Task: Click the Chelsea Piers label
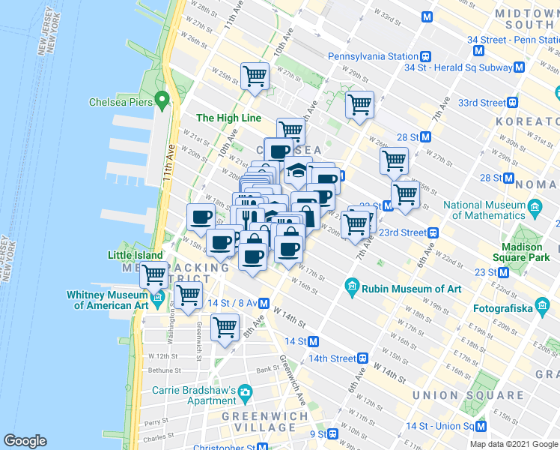pos(121,102)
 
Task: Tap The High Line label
pos(228,118)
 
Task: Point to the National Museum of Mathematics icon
pos(535,205)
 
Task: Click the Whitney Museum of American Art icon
pos(157,299)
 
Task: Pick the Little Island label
pos(135,255)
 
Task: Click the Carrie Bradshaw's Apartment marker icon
pos(244,391)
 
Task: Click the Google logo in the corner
pos(25,441)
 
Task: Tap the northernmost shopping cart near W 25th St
pos(255,75)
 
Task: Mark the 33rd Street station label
pos(482,103)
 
